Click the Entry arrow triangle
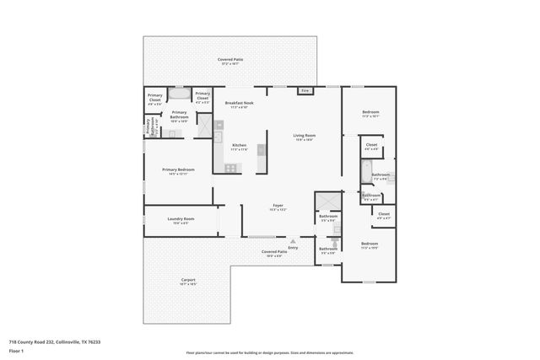click(x=293, y=241)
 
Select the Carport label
click(x=188, y=282)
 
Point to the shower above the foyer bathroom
click(x=327, y=202)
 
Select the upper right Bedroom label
click(x=370, y=114)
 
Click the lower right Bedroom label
click(x=370, y=245)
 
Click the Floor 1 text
click(x=16, y=350)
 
